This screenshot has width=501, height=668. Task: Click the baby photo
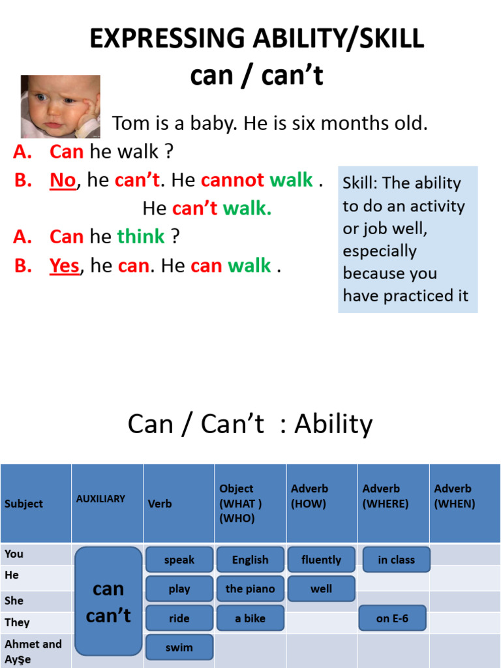coord(60,106)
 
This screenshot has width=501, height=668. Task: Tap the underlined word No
coord(63,180)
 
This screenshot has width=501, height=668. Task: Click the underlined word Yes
coord(65,266)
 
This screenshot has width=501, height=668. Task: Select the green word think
coord(141,237)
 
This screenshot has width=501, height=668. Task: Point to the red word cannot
coord(233,180)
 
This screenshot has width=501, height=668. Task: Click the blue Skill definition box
coord(408,239)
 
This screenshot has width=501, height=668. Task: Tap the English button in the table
coord(250,560)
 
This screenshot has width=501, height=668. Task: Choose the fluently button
coord(321,560)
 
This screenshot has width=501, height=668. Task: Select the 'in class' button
coord(396,560)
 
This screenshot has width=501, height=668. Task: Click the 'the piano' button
coord(250,588)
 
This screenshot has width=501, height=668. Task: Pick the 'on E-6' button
coord(392,618)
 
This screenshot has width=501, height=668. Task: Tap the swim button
coord(179,647)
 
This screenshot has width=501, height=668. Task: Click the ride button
coord(179,618)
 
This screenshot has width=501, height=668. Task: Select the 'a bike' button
coord(250,618)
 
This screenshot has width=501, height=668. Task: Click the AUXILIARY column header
coord(100,499)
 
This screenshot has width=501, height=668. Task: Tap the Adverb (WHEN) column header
coord(455,496)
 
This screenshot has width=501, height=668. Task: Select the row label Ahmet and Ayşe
coord(33,651)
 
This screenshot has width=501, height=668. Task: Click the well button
coord(321,588)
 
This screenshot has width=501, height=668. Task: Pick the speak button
coord(179,560)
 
